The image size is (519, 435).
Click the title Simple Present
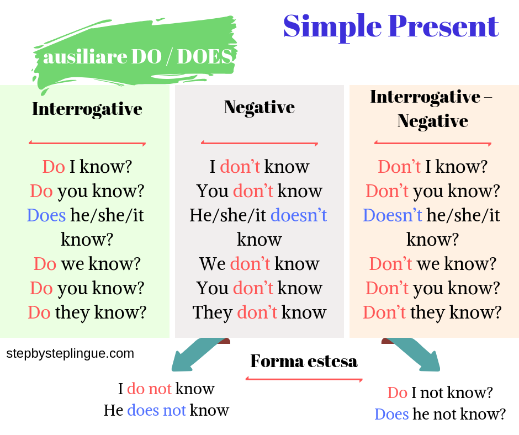click(391, 26)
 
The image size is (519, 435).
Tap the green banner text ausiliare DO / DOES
click(137, 56)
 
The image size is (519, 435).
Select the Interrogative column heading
click(87, 109)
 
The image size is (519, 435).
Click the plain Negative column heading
click(259, 107)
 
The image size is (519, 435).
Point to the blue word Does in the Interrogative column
click(46, 215)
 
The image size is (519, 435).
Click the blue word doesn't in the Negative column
click(299, 215)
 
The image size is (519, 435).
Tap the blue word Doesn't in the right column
click(392, 215)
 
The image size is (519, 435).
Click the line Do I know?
click(87, 167)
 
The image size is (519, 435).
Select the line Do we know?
click(87, 264)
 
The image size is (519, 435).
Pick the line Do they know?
click(87, 312)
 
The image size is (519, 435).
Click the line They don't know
click(259, 312)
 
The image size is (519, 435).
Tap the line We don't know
click(259, 264)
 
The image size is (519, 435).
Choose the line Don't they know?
click(432, 312)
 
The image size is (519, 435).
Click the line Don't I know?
click(432, 167)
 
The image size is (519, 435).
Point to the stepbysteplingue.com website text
click(70, 353)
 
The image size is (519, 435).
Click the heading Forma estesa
click(304, 361)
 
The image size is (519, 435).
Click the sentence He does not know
click(166, 410)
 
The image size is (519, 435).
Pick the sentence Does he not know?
click(440, 414)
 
